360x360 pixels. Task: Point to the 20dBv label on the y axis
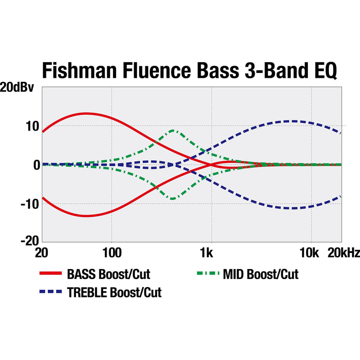coord(18,88)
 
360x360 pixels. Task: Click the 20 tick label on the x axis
coord(41,254)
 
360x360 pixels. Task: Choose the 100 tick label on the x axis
coord(112,254)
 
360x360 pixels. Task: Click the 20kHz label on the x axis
coord(343,254)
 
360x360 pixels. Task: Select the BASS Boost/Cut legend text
coord(108,274)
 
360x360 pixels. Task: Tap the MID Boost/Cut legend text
coord(261,274)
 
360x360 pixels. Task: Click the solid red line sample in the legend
coord(50,274)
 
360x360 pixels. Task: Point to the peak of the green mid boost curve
coord(173,130)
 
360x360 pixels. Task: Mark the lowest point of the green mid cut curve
coord(173,199)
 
